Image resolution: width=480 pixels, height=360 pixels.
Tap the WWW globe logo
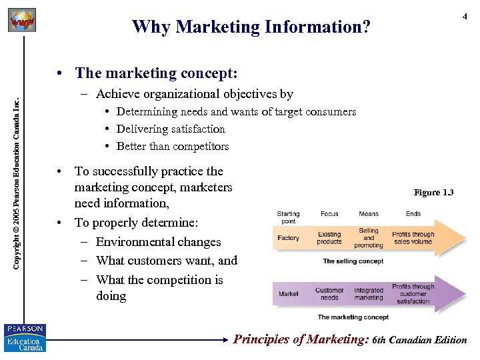(21, 21)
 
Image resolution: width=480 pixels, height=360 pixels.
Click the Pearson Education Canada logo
(24, 337)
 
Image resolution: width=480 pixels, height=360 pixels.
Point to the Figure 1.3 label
(433, 193)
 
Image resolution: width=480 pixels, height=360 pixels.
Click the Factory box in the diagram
(288, 238)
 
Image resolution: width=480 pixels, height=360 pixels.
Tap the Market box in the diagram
(288, 293)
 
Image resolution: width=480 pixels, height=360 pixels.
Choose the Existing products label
(329, 238)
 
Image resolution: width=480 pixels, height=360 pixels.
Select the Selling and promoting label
(369, 237)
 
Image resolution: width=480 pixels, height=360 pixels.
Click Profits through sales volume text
(413, 238)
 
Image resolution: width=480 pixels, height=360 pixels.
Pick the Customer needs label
(329, 294)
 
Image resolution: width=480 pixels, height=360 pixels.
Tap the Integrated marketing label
(369, 294)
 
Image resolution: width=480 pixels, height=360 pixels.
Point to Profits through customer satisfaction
(413, 293)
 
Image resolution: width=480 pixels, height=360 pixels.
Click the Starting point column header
(288, 217)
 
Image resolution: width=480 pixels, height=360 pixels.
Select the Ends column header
(413, 214)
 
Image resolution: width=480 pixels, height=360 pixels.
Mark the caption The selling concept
(353, 261)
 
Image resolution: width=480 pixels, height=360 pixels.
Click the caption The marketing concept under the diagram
(353, 317)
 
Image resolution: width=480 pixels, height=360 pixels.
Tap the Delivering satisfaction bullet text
(171, 129)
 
